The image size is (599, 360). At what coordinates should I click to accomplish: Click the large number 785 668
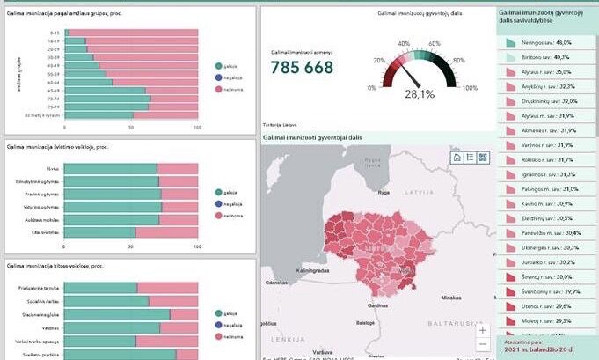click(302, 68)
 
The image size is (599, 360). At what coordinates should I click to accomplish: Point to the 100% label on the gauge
click(470, 88)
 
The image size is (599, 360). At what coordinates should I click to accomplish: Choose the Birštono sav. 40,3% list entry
click(545, 57)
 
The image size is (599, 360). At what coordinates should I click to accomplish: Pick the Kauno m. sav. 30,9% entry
click(545, 203)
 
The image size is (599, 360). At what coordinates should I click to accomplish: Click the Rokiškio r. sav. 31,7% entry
click(545, 159)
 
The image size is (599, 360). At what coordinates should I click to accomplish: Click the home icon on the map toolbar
click(457, 157)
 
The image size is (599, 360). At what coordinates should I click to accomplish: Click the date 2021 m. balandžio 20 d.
click(537, 349)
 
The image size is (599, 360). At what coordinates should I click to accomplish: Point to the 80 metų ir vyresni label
click(42, 115)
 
